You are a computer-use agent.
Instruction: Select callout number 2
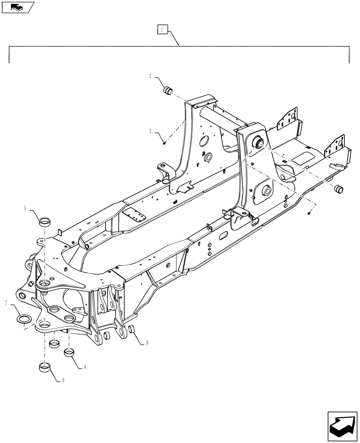(x=150, y=76)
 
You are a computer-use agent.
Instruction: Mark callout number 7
(x=6, y=303)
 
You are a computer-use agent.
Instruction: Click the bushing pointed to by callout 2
(x=168, y=91)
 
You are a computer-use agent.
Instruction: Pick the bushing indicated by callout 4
(x=69, y=353)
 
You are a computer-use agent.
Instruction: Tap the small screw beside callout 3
(x=164, y=142)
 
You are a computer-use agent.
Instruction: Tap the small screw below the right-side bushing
(x=309, y=214)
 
